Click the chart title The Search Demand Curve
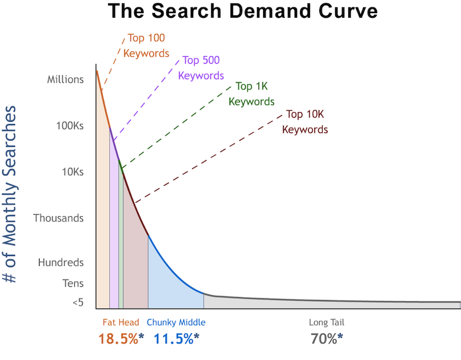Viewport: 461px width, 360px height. click(x=243, y=11)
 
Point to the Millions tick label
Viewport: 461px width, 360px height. click(x=65, y=79)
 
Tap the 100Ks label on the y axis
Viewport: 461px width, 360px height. click(x=69, y=126)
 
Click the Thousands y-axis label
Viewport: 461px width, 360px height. click(x=58, y=218)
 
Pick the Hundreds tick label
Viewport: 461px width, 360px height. click(x=61, y=263)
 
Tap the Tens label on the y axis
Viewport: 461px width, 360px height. click(x=73, y=283)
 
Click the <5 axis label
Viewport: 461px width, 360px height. click(x=78, y=302)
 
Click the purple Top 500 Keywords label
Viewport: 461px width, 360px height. click(x=201, y=67)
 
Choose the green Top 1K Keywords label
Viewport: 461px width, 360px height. click(x=252, y=94)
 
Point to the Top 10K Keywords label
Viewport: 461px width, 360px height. click(x=305, y=122)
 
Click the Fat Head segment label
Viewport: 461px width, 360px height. click(x=121, y=322)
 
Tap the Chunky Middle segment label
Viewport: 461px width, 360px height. click(x=176, y=322)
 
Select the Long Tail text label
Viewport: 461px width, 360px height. click(x=327, y=322)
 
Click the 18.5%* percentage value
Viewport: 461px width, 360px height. click(x=121, y=338)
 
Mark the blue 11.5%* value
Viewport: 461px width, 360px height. click(x=176, y=338)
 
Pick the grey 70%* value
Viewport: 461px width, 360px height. click(x=327, y=338)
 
